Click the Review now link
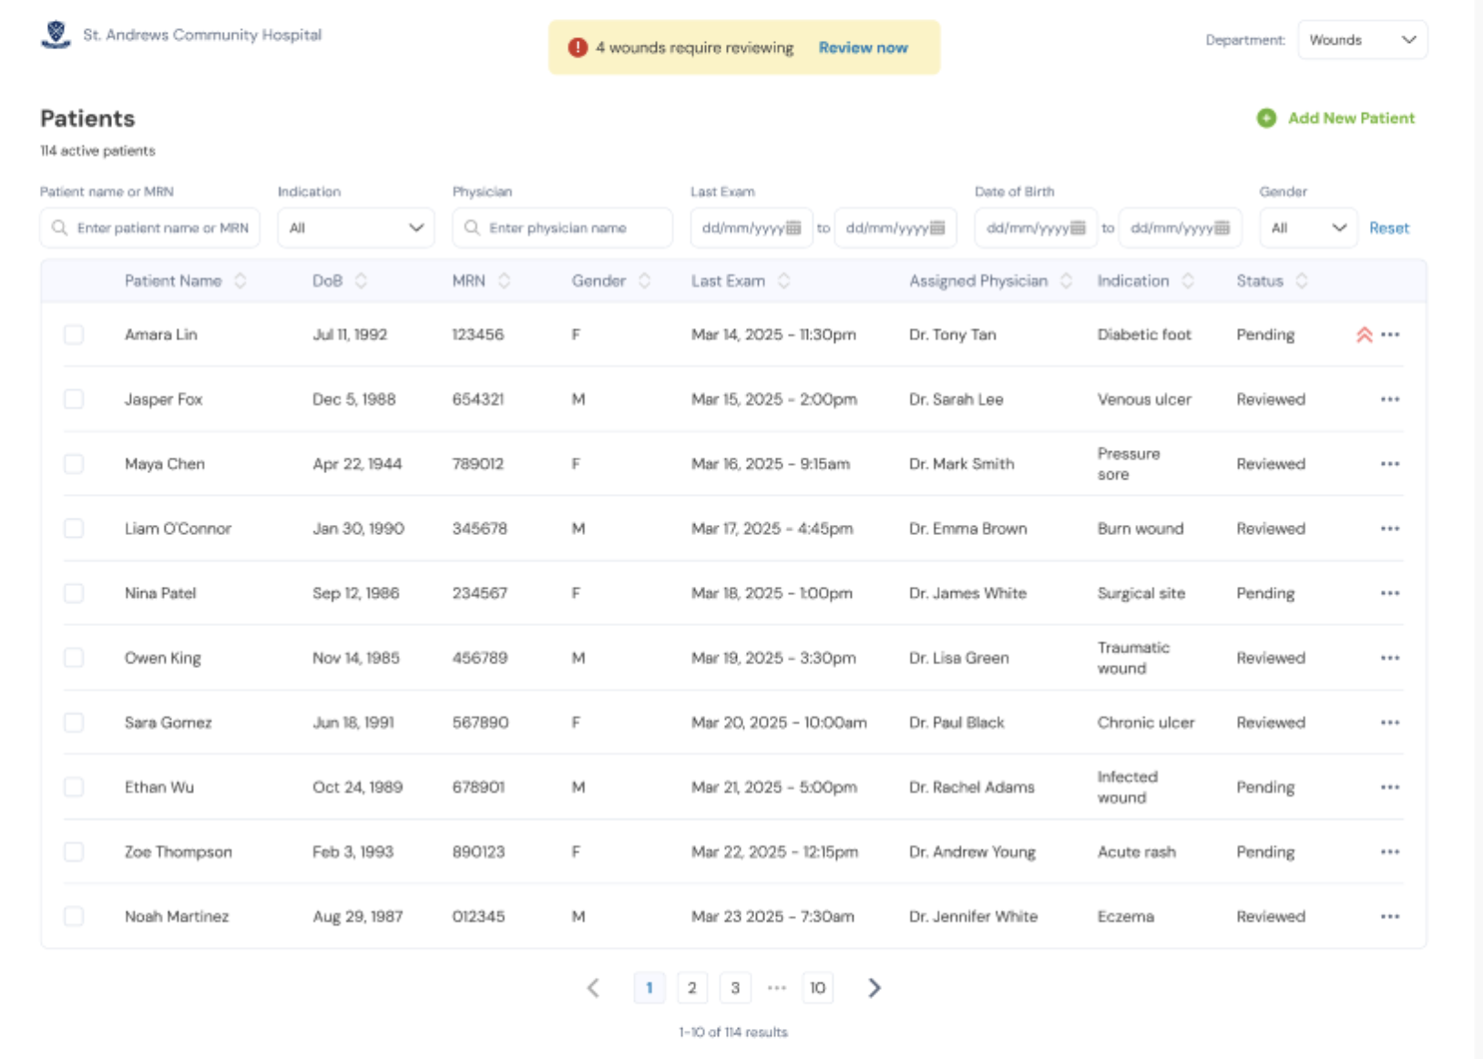pyautogui.click(x=863, y=47)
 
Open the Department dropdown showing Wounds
pyautogui.click(x=1362, y=40)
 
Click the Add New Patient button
pyautogui.click(x=1336, y=118)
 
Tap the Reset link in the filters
pyautogui.click(x=1388, y=228)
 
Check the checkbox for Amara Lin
pyautogui.click(x=74, y=334)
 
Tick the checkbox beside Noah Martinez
pyautogui.click(x=74, y=916)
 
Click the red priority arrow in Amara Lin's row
pyautogui.click(x=1364, y=334)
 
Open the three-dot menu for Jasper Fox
pyautogui.click(x=1389, y=399)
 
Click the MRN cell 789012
pyautogui.click(x=477, y=464)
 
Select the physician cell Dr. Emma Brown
pyautogui.click(x=967, y=529)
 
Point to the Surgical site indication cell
pyautogui.click(x=1140, y=593)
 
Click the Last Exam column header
pyautogui.click(x=728, y=281)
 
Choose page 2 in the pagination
pyautogui.click(x=692, y=988)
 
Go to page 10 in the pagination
pyautogui.click(x=817, y=988)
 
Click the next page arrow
pyautogui.click(x=874, y=988)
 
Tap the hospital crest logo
pyautogui.click(x=56, y=35)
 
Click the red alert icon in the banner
pyautogui.click(x=578, y=47)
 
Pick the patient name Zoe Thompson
pyautogui.click(x=179, y=852)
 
